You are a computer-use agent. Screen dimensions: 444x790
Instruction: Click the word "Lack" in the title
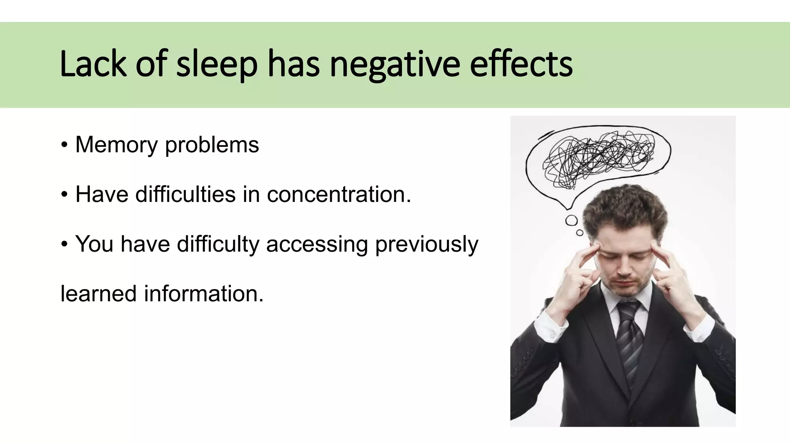tap(93, 64)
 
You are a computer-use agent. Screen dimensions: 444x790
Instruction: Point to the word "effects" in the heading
tap(521, 64)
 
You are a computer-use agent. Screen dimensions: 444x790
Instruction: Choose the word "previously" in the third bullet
tap(427, 244)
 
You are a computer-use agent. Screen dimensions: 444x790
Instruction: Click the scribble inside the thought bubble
tap(598, 158)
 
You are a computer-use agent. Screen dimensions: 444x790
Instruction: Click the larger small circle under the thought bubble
tap(571, 220)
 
